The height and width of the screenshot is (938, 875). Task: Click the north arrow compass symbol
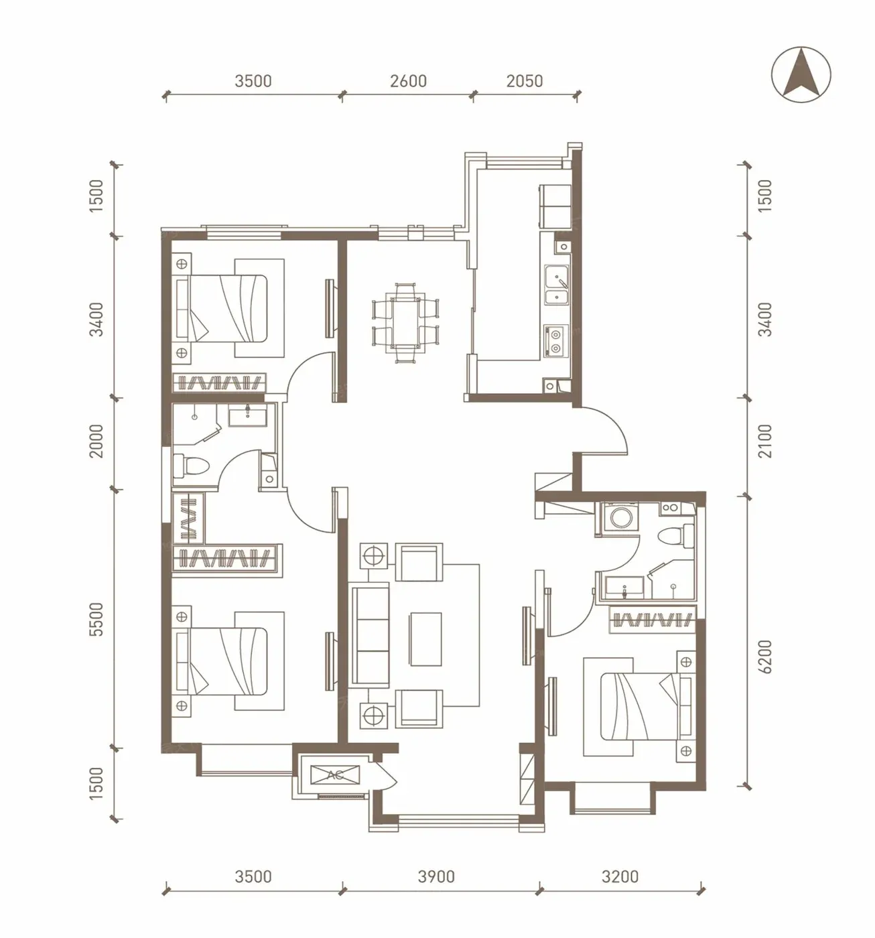click(x=801, y=74)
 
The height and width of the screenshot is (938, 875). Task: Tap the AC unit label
click(x=335, y=775)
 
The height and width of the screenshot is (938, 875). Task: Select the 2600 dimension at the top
click(x=408, y=81)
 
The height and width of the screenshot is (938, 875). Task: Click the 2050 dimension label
click(x=525, y=81)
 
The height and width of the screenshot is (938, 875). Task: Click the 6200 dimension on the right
click(x=764, y=657)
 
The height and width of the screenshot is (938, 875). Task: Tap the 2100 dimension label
click(x=764, y=441)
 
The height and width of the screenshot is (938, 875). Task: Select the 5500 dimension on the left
click(x=96, y=619)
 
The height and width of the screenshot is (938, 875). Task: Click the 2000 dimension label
click(x=96, y=441)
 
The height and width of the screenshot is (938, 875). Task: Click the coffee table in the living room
click(x=425, y=639)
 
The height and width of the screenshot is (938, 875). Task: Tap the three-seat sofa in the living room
click(x=369, y=635)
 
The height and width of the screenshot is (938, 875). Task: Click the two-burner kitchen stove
click(x=555, y=340)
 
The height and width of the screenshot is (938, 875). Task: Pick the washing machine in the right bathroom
click(x=619, y=517)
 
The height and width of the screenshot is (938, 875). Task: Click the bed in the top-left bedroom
click(x=221, y=308)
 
